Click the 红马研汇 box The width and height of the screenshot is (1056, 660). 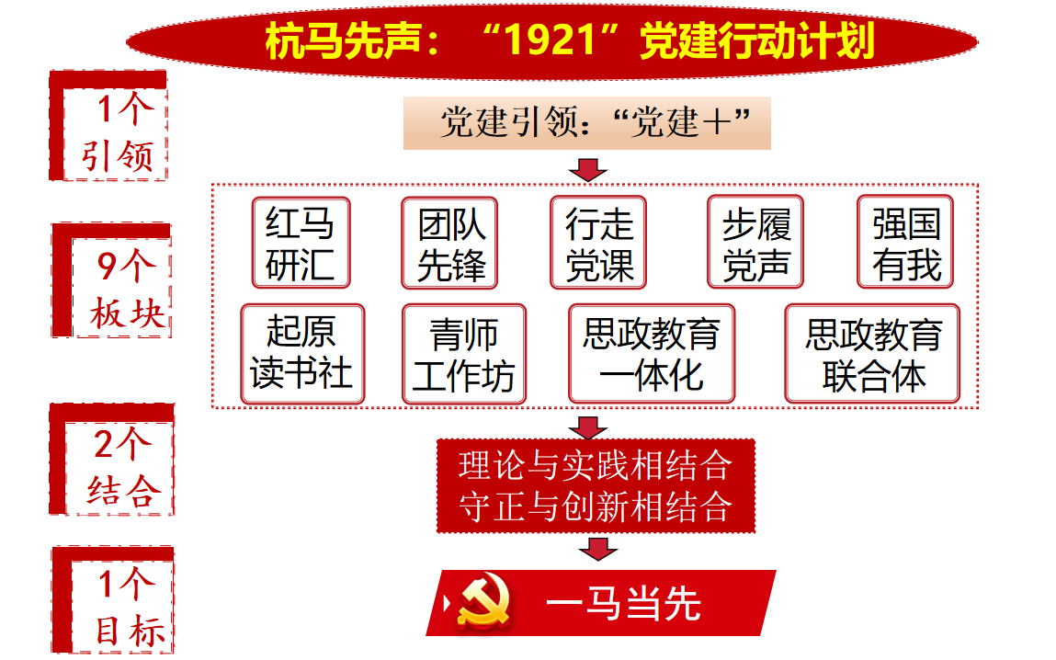[x=301, y=243]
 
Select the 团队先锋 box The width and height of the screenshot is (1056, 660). [x=449, y=243]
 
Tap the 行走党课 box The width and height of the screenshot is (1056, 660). [x=598, y=243]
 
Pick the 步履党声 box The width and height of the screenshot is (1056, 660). [x=755, y=242]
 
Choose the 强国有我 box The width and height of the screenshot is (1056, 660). [x=905, y=242]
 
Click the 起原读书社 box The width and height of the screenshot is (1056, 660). [x=302, y=354]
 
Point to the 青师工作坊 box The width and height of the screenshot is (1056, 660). [x=464, y=354]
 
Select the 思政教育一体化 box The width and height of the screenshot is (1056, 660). [x=652, y=354]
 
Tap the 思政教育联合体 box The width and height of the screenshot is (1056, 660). [x=873, y=354]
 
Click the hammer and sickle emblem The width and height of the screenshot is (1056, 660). [x=483, y=601]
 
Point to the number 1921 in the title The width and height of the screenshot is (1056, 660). [x=551, y=40]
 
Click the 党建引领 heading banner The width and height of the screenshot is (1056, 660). [x=587, y=123]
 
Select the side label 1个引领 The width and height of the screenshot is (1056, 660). [x=108, y=125]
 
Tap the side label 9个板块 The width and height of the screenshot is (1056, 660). [x=112, y=280]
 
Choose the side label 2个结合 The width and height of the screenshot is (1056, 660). [x=112, y=460]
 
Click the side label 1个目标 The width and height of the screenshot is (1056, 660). [x=112, y=600]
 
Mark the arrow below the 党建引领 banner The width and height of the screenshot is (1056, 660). [x=588, y=170]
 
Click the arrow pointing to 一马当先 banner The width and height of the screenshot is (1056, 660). [x=598, y=549]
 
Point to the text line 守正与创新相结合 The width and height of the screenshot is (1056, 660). [x=596, y=507]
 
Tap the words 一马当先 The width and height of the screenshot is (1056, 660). [x=624, y=603]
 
